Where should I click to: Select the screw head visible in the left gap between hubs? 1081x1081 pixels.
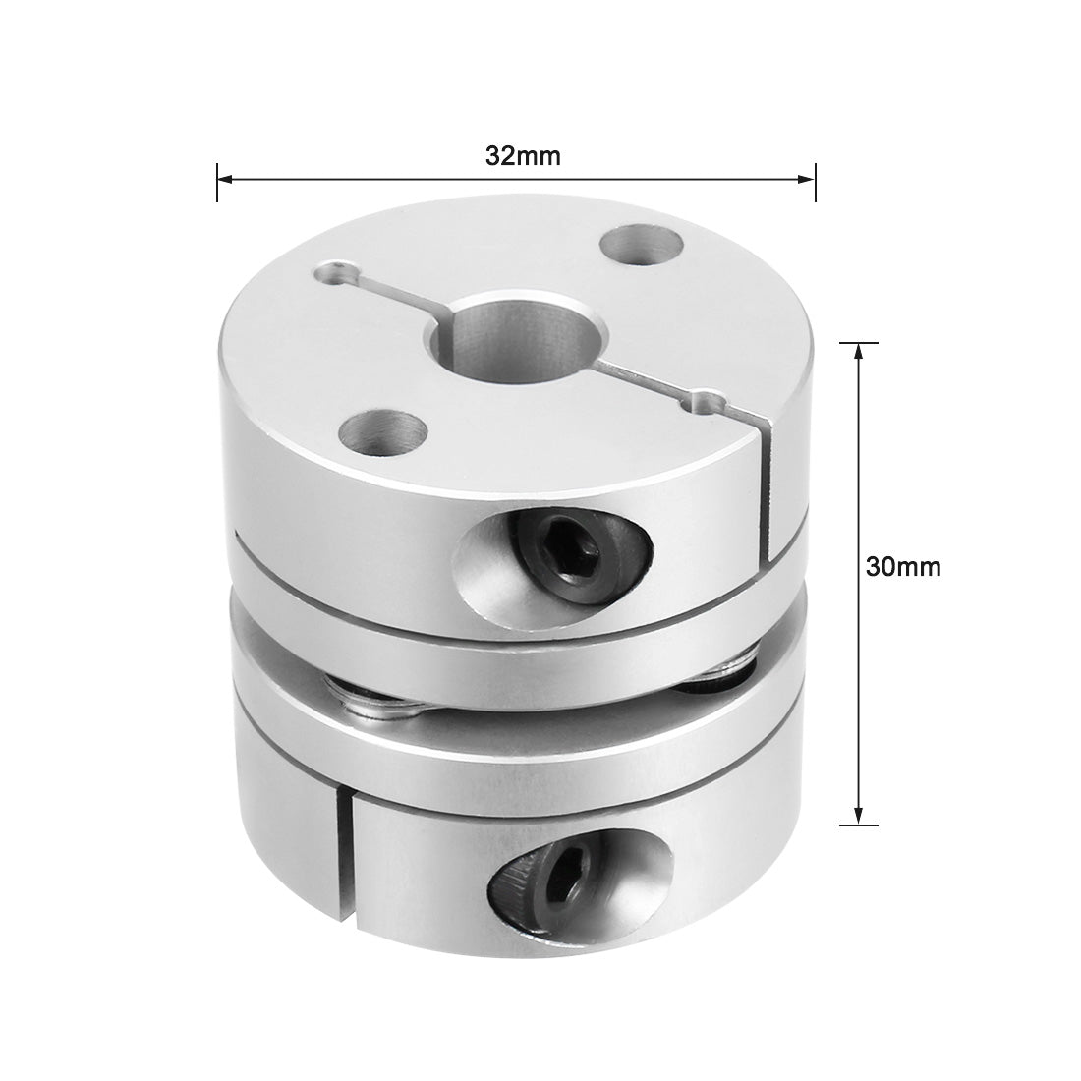(370, 699)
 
